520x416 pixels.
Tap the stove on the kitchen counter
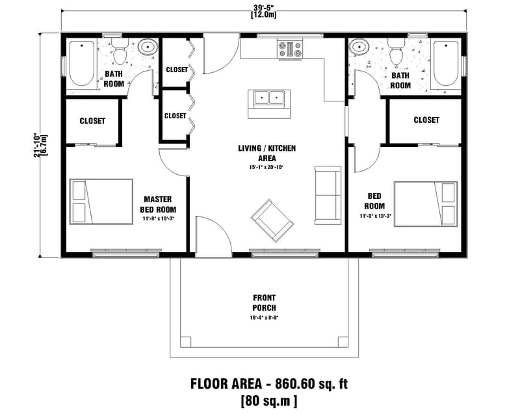pyautogui.click(x=291, y=47)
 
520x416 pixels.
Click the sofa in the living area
pyautogui.click(x=327, y=195)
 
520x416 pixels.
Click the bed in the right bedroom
pyautogui.click(x=424, y=201)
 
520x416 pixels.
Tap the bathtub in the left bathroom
pyautogui.click(x=82, y=63)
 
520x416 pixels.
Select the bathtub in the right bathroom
pyautogui.click(x=445, y=63)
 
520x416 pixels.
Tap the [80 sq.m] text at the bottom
pyautogui.click(x=268, y=400)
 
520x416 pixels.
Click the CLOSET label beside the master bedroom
pyautogui.click(x=92, y=121)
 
